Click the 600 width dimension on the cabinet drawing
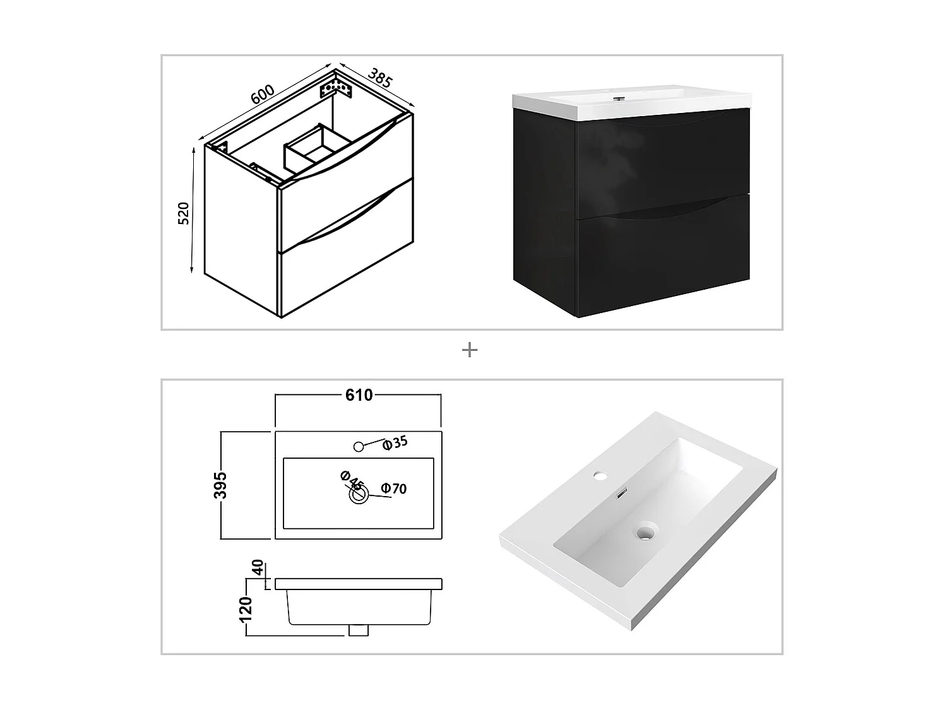(263, 94)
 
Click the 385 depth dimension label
(380, 78)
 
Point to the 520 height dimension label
(184, 213)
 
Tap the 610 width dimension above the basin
(359, 395)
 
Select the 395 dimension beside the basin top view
(220, 485)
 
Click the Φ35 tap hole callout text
(396, 443)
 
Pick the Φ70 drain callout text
(394, 488)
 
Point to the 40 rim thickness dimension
(258, 567)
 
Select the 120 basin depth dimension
(247, 608)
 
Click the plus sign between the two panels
(470, 350)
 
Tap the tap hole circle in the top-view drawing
(359, 447)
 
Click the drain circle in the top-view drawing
(359, 495)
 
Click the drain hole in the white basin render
(645, 533)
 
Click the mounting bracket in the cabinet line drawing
(335, 86)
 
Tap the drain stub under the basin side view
(359, 630)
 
